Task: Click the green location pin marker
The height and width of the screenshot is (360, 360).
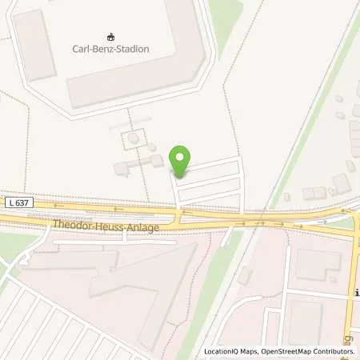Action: coord(182,161)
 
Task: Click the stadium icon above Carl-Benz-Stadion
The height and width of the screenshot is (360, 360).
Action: coord(111,37)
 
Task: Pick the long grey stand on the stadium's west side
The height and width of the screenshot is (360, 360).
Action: coord(34,46)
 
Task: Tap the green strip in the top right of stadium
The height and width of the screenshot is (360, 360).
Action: coord(226,20)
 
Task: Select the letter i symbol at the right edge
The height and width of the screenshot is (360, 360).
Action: coord(355,294)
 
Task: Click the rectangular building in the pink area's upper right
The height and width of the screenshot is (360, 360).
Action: coord(318,264)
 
